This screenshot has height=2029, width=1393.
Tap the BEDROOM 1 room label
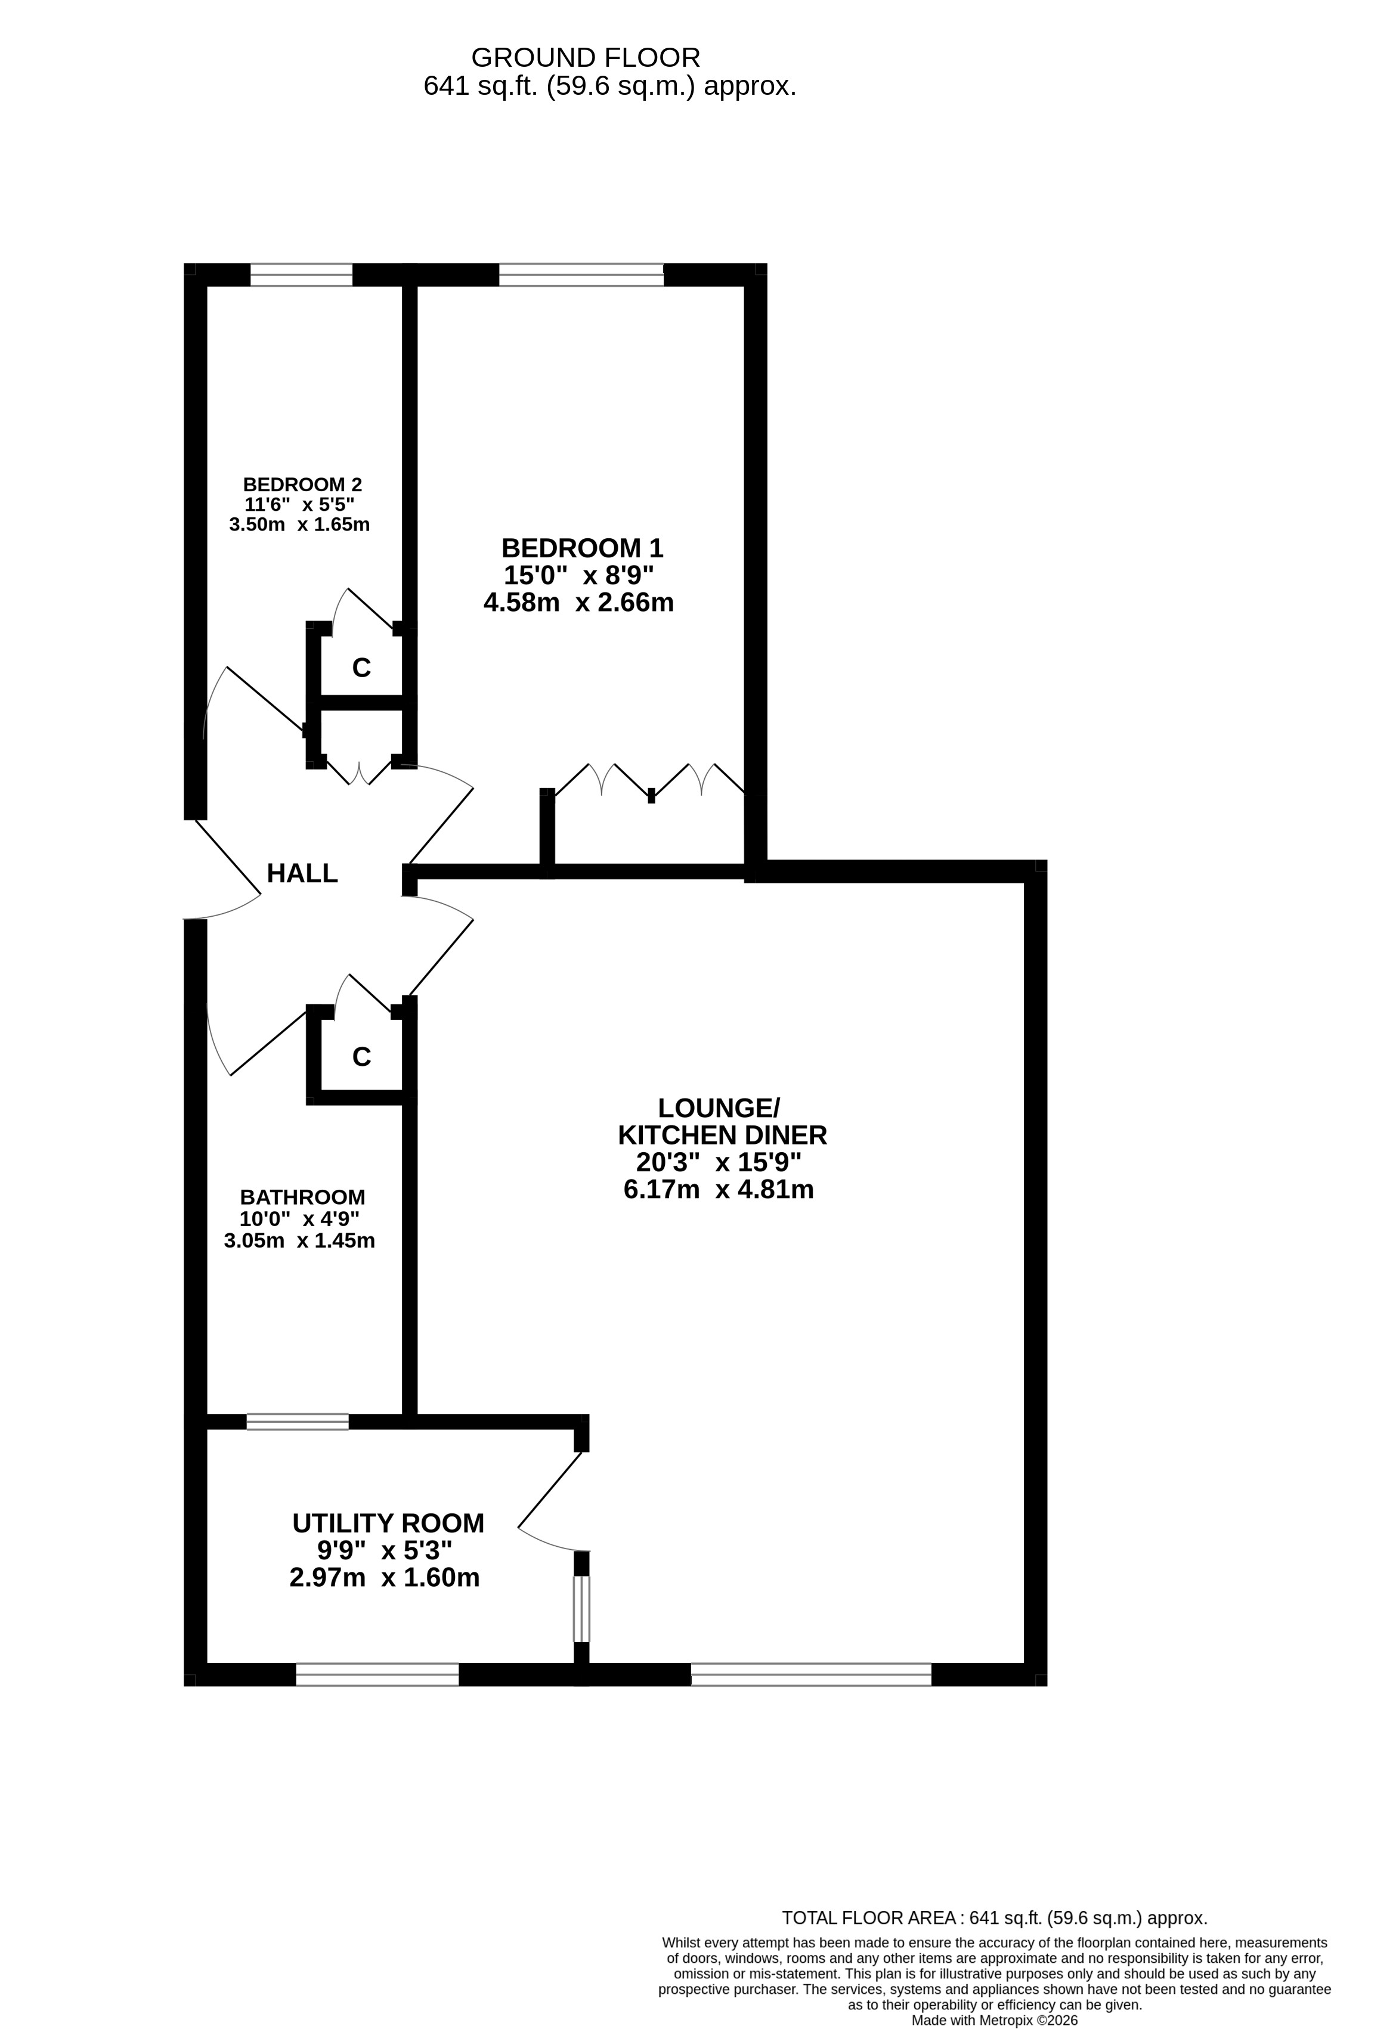tap(583, 548)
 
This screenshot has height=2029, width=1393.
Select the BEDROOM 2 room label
tap(302, 485)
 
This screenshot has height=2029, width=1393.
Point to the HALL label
tap(302, 873)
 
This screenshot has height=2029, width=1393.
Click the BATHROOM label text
tap(303, 1197)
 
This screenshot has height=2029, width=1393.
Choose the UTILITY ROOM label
tap(388, 1524)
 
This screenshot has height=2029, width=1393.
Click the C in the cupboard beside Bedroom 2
tap(361, 668)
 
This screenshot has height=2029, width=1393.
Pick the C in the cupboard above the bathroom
tap(361, 1057)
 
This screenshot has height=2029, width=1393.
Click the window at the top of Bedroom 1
tap(581, 275)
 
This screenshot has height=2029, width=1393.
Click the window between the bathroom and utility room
tap(298, 1422)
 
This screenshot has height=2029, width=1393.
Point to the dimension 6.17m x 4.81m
tap(719, 1189)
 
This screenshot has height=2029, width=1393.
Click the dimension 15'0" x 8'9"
tap(579, 575)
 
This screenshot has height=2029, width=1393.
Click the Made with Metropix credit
tap(995, 2020)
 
